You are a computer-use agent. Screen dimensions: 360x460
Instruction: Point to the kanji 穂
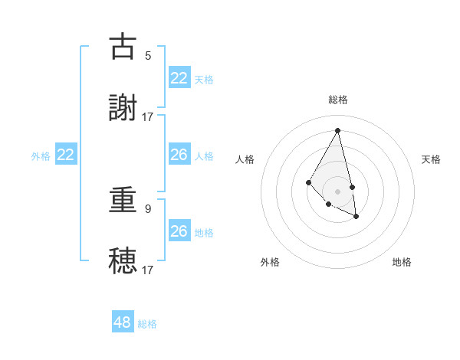pos(123,260)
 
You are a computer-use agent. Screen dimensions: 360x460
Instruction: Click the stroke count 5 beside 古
pos(148,55)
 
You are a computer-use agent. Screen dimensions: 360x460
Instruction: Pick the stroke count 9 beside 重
pos(148,208)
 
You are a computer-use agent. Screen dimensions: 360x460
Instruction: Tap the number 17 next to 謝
pos(148,116)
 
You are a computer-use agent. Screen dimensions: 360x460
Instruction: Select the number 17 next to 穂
pos(148,270)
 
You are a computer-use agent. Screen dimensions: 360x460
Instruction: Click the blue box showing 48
pos(123,322)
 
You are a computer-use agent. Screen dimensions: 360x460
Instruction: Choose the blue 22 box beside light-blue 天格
pos(179,78)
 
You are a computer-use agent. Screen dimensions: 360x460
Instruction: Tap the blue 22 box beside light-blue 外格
pos(66,155)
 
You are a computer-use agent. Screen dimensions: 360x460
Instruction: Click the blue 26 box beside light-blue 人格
pos(179,155)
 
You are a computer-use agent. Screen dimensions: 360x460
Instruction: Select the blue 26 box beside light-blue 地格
pos(179,231)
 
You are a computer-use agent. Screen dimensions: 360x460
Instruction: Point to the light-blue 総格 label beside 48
pos(147,324)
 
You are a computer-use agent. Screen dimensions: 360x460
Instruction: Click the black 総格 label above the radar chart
pos(338,100)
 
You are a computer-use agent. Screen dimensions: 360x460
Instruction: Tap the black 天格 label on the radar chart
pos(431,159)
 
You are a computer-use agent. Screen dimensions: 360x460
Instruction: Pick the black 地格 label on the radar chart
pos(402,262)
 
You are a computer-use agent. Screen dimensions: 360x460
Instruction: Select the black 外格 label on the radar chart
pos(270,262)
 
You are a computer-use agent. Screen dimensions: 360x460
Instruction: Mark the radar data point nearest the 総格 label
pos(337,130)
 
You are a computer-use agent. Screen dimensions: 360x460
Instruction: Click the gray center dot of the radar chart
pos(337,191)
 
